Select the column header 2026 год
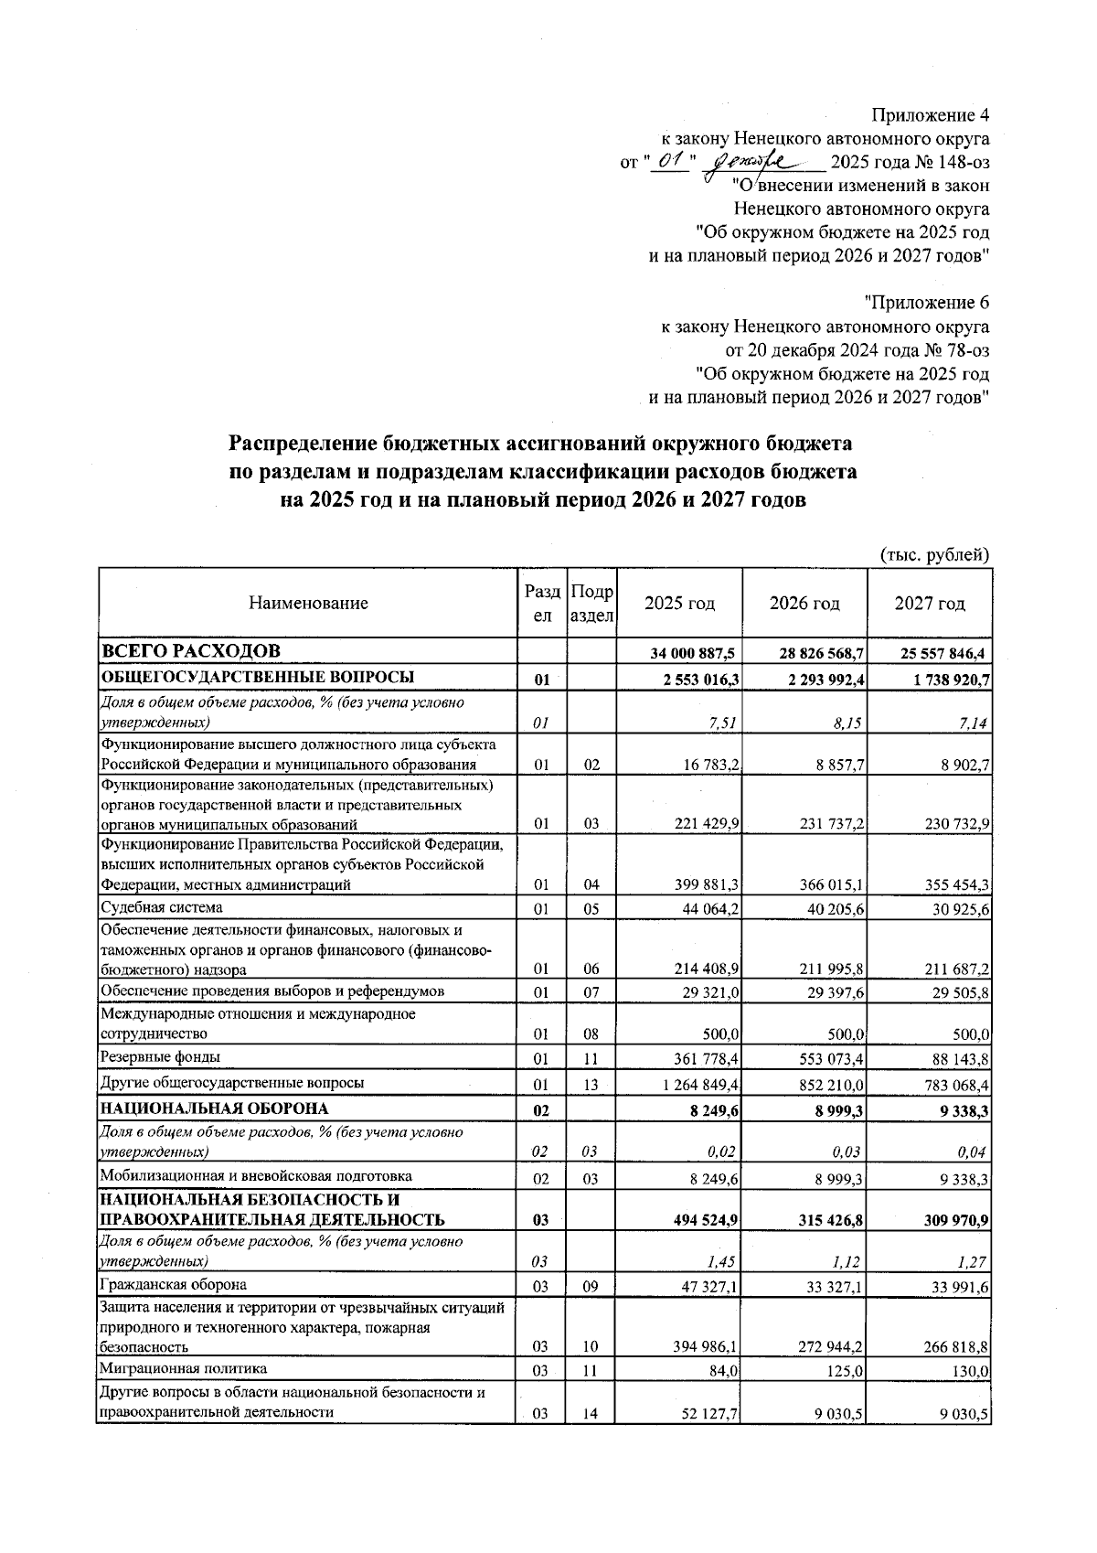(x=804, y=604)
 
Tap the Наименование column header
(x=308, y=604)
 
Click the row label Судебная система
(x=162, y=907)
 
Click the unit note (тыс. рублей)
(x=934, y=554)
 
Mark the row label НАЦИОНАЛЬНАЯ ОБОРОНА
(x=214, y=1109)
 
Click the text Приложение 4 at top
(x=931, y=115)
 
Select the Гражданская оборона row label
(x=174, y=1284)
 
